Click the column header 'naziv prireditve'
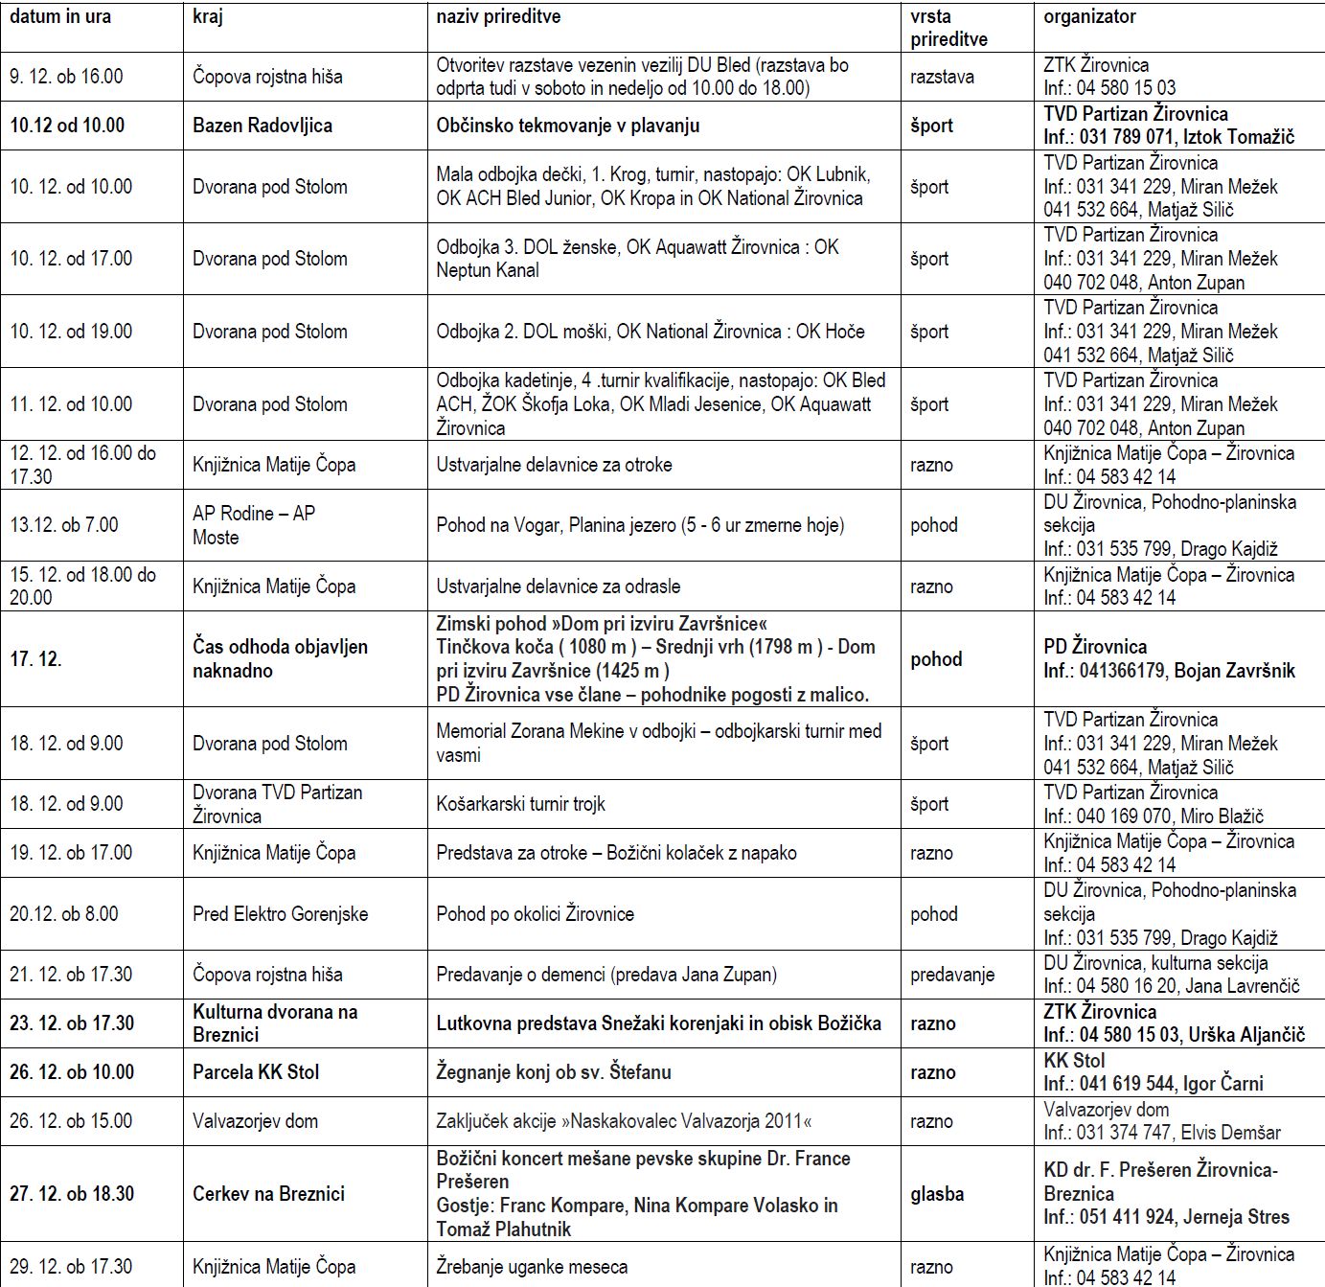(x=498, y=17)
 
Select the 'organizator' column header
(x=1089, y=17)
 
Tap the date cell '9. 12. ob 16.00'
(x=66, y=77)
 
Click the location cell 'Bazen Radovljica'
(x=262, y=126)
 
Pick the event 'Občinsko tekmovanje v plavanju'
(x=567, y=126)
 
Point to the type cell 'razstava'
(x=942, y=77)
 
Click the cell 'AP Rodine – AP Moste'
(x=253, y=525)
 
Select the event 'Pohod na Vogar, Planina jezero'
(x=640, y=525)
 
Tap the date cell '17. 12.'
(x=35, y=659)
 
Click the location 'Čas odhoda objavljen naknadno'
(x=280, y=659)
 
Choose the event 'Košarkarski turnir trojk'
(x=520, y=804)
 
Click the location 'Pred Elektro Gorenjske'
(x=280, y=914)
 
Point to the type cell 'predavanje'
(x=951, y=975)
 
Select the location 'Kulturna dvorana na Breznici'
(x=274, y=1023)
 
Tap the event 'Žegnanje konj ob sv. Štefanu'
(x=553, y=1072)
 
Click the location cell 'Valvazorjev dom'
(x=255, y=1121)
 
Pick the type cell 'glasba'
(x=936, y=1194)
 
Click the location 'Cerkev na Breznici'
(x=268, y=1194)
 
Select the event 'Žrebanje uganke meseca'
(x=532, y=1267)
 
